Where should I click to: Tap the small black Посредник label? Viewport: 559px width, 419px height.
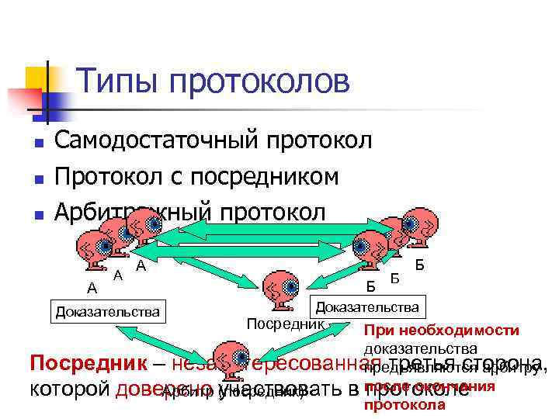click(x=285, y=322)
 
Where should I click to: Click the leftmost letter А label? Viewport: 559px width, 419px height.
click(x=92, y=288)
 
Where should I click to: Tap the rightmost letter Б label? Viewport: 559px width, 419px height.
click(x=420, y=265)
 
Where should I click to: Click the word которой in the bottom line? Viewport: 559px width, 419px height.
click(x=70, y=389)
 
